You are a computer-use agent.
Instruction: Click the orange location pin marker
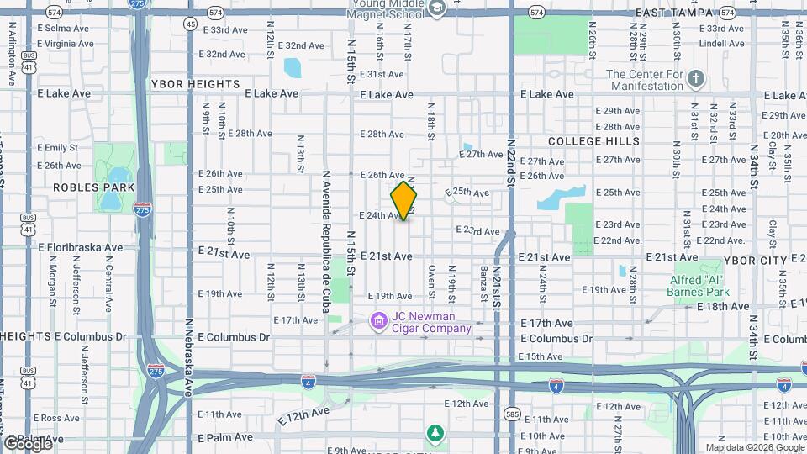(x=404, y=200)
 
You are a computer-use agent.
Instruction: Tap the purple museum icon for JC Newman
(x=379, y=319)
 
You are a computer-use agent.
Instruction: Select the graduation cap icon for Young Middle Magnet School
(x=436, y=8)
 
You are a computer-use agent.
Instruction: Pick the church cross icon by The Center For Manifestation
(x=695, y=80)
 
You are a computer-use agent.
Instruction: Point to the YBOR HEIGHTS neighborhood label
(x=195, y=84)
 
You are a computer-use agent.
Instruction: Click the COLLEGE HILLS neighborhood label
(x=593, y=141)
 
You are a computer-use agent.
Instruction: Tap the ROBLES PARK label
(x=88, y=187)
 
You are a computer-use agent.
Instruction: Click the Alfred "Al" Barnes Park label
(x=700, y=286)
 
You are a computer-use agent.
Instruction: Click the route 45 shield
(x=191, y=24)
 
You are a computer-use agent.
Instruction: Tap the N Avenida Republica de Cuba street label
(x=326, y=241)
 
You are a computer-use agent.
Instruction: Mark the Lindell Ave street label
(x=721, y=43)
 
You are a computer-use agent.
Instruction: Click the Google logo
(x=28, y=443)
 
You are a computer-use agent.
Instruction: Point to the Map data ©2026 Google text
(x=754, y=447)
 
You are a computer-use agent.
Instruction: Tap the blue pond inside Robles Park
(x=109, y=199)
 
